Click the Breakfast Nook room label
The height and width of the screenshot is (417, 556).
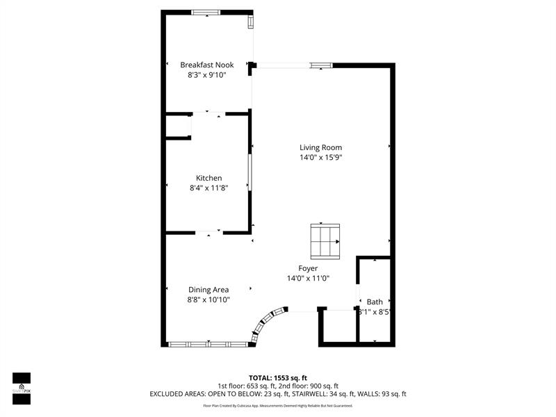tap(207, 65)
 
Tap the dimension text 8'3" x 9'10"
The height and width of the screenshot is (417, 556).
tap(207, 75)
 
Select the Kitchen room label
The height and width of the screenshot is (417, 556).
tap(208, 178)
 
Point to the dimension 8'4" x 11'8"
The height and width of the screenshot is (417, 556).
tap(208, 188)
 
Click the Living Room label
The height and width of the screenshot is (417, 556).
tap(320, 147)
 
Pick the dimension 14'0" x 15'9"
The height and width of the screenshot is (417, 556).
tap(320, 157)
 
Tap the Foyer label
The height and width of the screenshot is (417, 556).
tap(308, 268)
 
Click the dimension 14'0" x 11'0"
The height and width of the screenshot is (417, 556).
tap(308, 278)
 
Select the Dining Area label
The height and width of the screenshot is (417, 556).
tap(208, 290)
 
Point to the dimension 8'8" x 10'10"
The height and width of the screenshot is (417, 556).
tap(208, 300)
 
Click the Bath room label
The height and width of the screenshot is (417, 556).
tap(375, 302)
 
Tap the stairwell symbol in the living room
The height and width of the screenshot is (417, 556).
tap(325, 240)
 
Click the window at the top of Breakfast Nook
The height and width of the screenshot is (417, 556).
tap(206, 12)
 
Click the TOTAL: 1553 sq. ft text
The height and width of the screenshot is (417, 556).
tap(278, 377)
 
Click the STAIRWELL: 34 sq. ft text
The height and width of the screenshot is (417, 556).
tap(329, 394)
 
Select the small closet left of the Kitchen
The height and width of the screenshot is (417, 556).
tap(177, 126)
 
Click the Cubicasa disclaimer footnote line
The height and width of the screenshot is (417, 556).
tap(278, 405)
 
